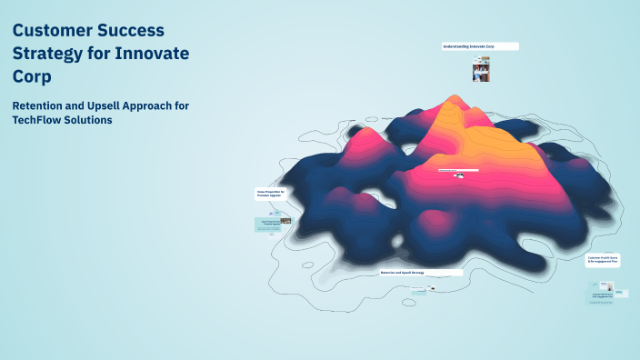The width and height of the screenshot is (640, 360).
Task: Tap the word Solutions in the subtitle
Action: click(94, 121)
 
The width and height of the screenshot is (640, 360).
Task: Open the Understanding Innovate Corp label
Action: click(479, 46)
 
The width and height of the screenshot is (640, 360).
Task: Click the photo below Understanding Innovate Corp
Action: click(481, 70)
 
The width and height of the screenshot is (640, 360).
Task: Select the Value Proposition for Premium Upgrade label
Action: click(272, 194)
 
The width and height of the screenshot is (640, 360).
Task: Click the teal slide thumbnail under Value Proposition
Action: click(273, 224)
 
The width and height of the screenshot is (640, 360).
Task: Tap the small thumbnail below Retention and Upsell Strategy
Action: click(432, 290)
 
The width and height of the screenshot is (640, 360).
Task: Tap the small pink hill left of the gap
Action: click(341, 196)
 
